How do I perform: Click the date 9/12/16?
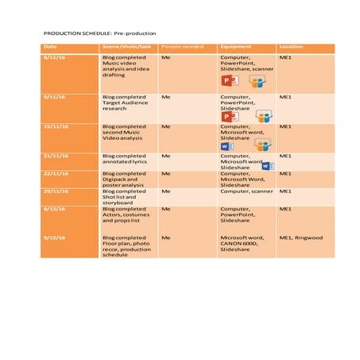pos(55,238)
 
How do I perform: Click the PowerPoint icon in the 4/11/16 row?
pos(228,82)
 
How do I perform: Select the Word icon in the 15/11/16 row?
pos(226,146)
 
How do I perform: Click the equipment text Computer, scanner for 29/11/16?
pos(246,192)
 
